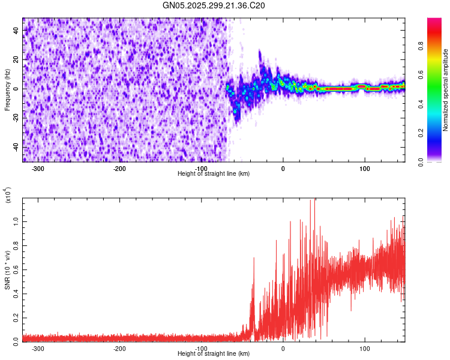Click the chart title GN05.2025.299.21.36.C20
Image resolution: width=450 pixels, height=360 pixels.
[214, 5]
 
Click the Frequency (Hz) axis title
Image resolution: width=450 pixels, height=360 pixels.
[7, 89]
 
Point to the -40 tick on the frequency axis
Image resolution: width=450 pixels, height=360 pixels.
[17, 147]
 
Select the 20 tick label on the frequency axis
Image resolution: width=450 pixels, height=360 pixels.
[17, 59]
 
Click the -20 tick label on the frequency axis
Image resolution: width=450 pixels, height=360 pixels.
[17, 118]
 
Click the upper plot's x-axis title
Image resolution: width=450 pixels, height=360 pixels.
[214, 173]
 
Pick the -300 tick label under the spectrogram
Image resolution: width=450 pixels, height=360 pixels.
[38, 169]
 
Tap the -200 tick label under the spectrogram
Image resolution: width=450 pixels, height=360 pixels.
[119, 169]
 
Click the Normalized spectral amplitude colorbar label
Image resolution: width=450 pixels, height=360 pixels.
[446, 90]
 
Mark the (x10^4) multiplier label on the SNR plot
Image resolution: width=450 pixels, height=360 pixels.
[8, 195]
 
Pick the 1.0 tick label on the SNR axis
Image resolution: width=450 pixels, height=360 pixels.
[16, 221]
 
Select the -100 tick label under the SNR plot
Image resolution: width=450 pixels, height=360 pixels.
[201, 348]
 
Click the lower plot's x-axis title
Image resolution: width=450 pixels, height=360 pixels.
[214, 353]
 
